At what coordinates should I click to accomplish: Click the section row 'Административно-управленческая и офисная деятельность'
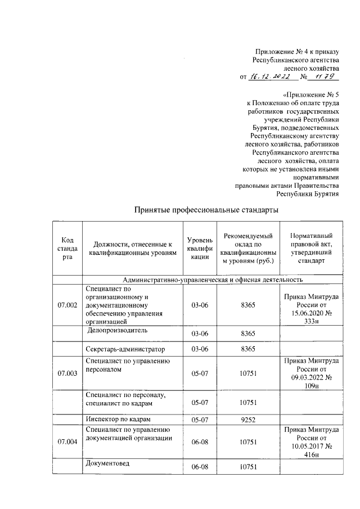[x=213, y=279]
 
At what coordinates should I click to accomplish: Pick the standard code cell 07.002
[x=67, y=305]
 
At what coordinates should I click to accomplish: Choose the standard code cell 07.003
[x=67, y=374]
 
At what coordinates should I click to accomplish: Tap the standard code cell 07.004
[x=67, y=443]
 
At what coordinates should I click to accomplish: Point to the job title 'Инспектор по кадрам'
[x=119, y=419]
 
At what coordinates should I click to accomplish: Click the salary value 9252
[x=248, y=419]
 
